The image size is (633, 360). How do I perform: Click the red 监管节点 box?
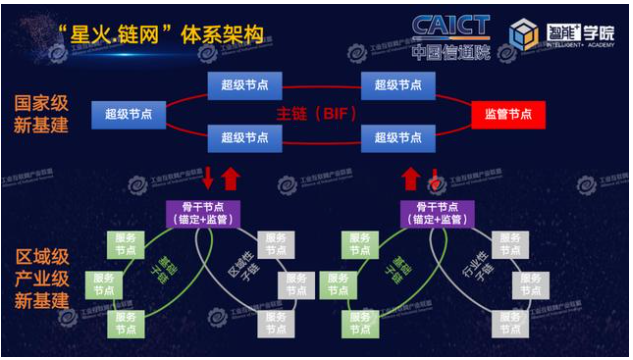pyautogui.click(x=508, y=114)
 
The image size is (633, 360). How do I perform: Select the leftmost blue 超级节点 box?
pyautogui.click(x=129, y=114)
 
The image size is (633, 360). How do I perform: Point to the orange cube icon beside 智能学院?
pyautogui.click(x=523, y=36)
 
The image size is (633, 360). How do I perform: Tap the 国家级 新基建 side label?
pyautogui.click(x=43, y=115)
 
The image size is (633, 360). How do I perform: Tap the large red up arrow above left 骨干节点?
pyautogui.click(x=230, y=179)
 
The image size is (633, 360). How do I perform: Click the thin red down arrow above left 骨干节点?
pyautogui.click(x=208, y=179)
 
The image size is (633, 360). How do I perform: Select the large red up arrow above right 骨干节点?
pyautogui.click(x=411, y=179)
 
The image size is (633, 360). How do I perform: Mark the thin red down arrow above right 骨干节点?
pyautogui.click(x=435, y=179)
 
